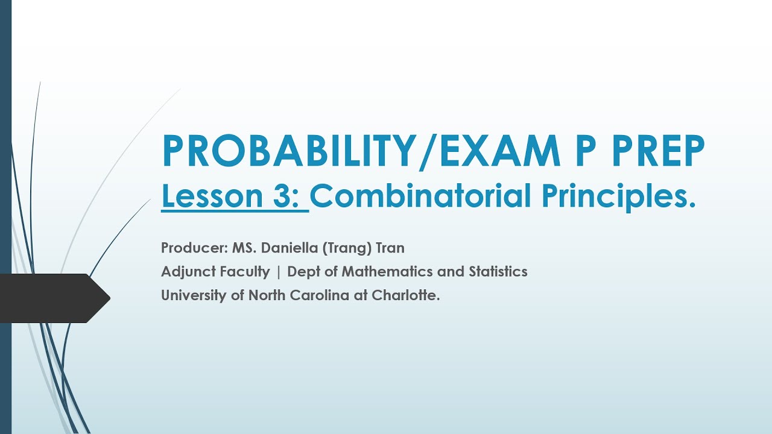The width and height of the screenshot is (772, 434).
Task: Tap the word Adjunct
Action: pos(185,272)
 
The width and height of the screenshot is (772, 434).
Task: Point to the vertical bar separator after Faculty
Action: pos(279,272)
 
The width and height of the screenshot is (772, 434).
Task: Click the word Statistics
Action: pos(498,272)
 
